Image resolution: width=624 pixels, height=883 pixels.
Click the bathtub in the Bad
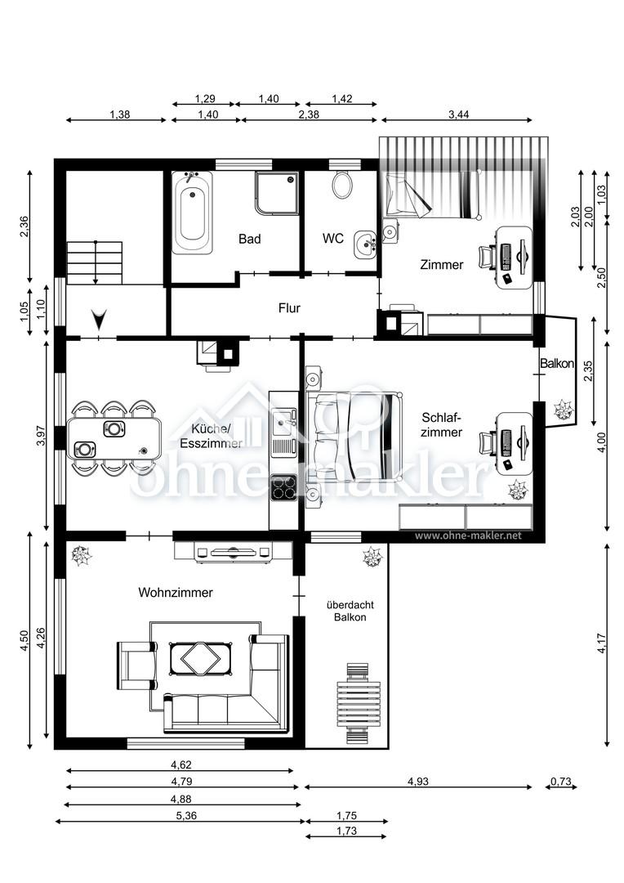[x=193, y=213]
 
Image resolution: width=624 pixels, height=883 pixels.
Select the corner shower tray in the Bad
[x=277, y=193]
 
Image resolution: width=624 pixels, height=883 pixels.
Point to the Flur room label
[x=289, y=308]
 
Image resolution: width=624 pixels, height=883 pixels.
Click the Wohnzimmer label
[x=176, y=593]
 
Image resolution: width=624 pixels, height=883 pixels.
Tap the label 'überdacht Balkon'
[x=350, y=611]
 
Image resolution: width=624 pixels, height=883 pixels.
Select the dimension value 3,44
[x=458, y=114]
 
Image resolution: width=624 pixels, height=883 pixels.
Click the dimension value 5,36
[x=186, y=815]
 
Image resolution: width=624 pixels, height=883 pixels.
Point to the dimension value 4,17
[x=602, y=643]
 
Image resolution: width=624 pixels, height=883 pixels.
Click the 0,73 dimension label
[x=561, y=781]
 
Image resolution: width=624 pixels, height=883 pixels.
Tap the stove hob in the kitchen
[x=283, y=487]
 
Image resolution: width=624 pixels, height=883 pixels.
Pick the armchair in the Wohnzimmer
[x=136, y=665]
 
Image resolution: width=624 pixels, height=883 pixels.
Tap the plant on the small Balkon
[x=562, y=410]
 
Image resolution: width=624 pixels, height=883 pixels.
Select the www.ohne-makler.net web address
[x=468, y=536]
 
